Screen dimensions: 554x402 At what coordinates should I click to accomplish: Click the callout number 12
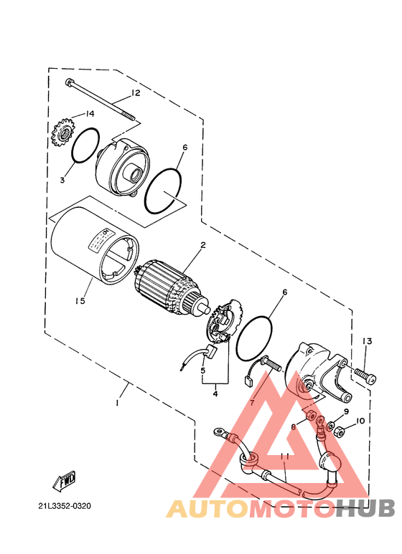135,93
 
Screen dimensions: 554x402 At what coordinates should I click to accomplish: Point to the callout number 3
62,180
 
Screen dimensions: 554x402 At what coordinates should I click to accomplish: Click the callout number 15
80,301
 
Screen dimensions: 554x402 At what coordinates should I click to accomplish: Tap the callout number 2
203,245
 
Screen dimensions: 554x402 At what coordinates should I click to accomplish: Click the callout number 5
203,371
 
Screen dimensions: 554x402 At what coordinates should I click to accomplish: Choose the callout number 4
214,392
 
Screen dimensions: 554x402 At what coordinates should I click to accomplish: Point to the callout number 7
252,403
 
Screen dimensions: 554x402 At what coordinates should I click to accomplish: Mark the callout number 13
366,340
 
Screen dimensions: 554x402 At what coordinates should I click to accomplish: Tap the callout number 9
346,412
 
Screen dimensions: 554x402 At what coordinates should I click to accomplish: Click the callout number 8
293,426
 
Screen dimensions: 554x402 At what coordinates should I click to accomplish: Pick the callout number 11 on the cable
285,457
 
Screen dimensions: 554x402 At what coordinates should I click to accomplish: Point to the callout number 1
116,403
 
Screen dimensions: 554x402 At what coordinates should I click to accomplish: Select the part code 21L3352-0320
65,506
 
